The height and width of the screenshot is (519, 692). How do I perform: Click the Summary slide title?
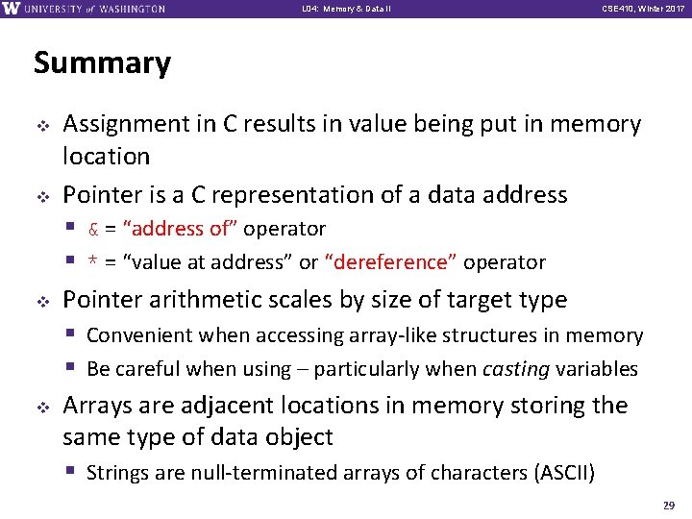point(102,63)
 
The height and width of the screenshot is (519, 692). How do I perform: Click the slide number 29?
point(668,505)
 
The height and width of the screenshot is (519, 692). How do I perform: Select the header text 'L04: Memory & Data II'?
point(345,9)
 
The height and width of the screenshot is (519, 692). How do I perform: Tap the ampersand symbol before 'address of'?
point(93,230)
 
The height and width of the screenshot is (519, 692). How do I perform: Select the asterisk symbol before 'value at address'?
point(93,263)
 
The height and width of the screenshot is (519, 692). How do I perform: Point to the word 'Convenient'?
point(137,335)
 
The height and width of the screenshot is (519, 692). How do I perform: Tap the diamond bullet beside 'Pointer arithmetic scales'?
point(42,300)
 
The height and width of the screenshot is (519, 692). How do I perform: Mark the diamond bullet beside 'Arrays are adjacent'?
point(42,406)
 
